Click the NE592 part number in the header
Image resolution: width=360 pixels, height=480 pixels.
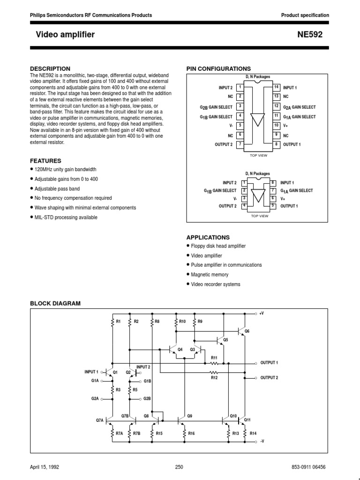tap(316, 35)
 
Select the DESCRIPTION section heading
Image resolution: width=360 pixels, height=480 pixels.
tap(50, 68)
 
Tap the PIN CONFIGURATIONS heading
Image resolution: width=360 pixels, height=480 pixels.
tap(218, 68)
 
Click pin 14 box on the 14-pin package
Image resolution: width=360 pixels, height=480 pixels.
tap(277, 87)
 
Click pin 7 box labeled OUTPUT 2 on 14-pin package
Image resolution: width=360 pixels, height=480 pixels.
tap(240, 144)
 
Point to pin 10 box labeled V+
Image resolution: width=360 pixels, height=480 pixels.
tap(277, 126)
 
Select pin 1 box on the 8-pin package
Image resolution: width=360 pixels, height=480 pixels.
tap(244, 182)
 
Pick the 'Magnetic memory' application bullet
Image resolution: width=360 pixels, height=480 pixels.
tap(210, 275)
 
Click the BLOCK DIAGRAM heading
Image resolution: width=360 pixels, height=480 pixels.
tap(55, 303)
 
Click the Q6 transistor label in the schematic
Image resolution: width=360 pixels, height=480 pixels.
tap(247, 331)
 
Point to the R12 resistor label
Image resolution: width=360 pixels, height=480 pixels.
tap(214, 377)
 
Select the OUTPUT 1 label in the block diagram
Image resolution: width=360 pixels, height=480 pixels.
tap(270, 363)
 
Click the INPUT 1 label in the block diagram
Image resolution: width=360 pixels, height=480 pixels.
tap(91, 371)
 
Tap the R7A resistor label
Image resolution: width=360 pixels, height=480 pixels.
tap(119, 434)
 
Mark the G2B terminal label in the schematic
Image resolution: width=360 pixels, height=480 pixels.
tap(147, 398)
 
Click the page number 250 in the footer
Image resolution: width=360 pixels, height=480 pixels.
tap(179, 467)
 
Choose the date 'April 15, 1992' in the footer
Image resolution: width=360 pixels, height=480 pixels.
tap(45, 467)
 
